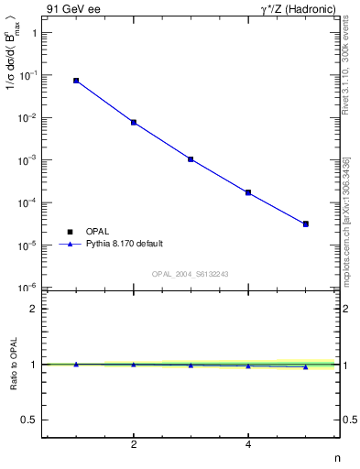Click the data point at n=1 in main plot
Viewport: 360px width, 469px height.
(76, 81)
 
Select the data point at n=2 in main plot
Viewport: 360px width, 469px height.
(134, 122)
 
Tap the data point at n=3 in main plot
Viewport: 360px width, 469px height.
(191, 158)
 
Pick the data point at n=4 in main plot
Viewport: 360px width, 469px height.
(248, 192)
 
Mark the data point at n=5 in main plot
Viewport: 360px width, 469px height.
(306, 224)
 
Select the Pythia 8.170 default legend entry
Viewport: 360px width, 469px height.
(111, 244)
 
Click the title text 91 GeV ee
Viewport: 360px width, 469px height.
(71, 8)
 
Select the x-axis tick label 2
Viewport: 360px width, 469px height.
(134, 445)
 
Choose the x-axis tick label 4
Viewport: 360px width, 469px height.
(248, 445)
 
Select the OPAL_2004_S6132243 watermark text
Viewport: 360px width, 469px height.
(190, 274)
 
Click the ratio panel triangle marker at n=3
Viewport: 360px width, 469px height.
(191, 365)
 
